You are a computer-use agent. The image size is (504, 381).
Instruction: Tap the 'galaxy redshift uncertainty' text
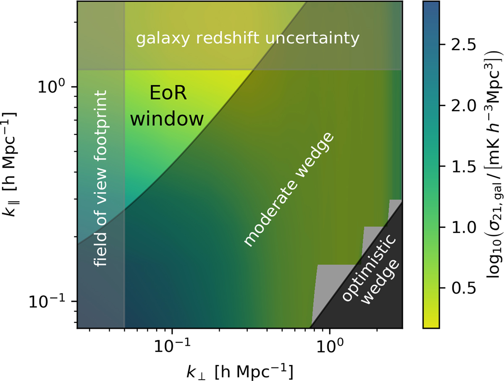[x=248, y=39]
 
